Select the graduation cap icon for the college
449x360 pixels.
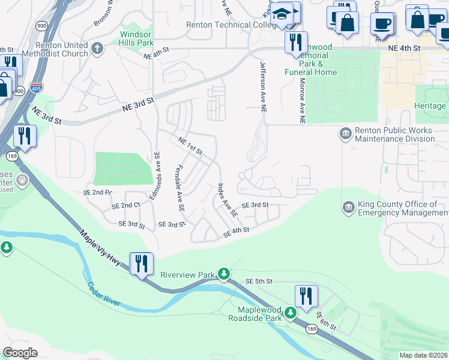coord(280,14)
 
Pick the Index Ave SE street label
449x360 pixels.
coord(228,200)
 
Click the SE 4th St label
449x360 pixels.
coord(236,231)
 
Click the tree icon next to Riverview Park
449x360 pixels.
coord(224,274)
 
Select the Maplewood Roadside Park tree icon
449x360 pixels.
coord(290,313)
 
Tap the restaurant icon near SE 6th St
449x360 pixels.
coord(306,295)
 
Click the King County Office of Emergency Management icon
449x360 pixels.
coord(348,208)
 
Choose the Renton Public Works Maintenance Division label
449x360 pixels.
coord(394,134)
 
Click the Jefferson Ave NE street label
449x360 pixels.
coord(262,86)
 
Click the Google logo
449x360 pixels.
coord(20,353)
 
